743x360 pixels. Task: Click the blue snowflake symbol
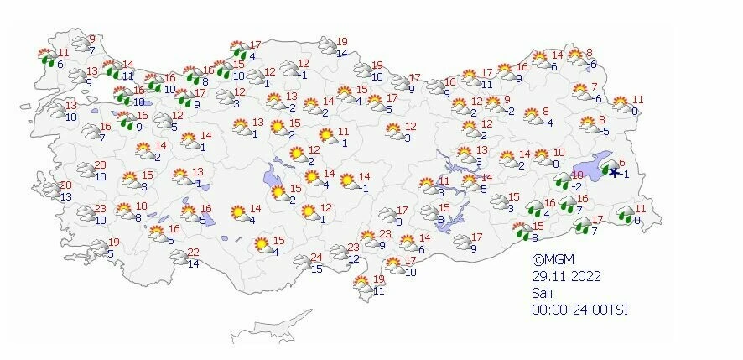click(x=614, y=172)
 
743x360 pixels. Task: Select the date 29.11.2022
click(x=564, y=276)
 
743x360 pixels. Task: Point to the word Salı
click(x=541, y=293)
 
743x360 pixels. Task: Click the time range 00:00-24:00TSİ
click(x=579, y=310)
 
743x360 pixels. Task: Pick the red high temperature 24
click(x=317, y=258)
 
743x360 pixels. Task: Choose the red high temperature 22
click(x=192, y=253)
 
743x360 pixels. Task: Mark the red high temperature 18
click(x=142, y=206)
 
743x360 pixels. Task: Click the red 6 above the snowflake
click(x=621, y=163)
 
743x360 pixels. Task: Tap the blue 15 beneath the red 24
click(x=317, y=269)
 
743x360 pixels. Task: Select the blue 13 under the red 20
click(x=65, y=196)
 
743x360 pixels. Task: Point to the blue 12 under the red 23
click(x=353, y=258)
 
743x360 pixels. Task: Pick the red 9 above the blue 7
click(x=91, y=39)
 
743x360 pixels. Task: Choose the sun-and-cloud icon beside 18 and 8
click(x=124, y=211)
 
